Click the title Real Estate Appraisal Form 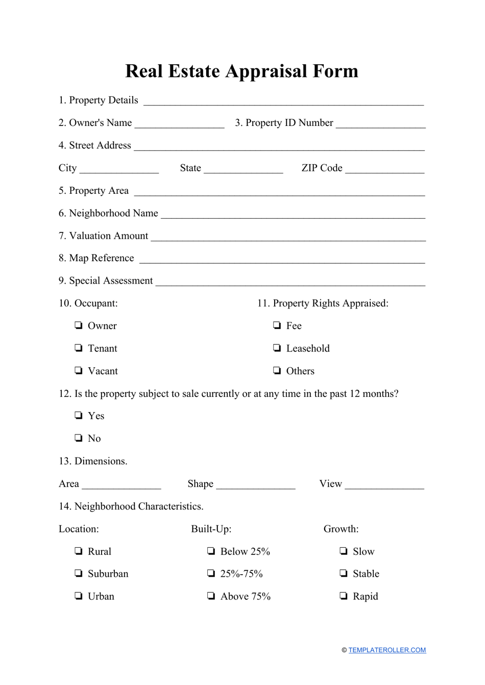(241, 71)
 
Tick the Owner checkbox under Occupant (79, 325)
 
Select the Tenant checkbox (79, 348)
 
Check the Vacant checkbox (79, 370)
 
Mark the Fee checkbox (277, 325)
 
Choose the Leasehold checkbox (277, 348)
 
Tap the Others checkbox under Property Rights (277, 370)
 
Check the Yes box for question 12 (79, 415)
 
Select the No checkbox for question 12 (79, 438)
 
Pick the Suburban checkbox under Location (79, 573)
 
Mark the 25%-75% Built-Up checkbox (211, 573)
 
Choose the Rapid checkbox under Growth (344, 596)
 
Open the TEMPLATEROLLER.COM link (387, 650)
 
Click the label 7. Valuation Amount (103, 236)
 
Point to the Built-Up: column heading (211, 529)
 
